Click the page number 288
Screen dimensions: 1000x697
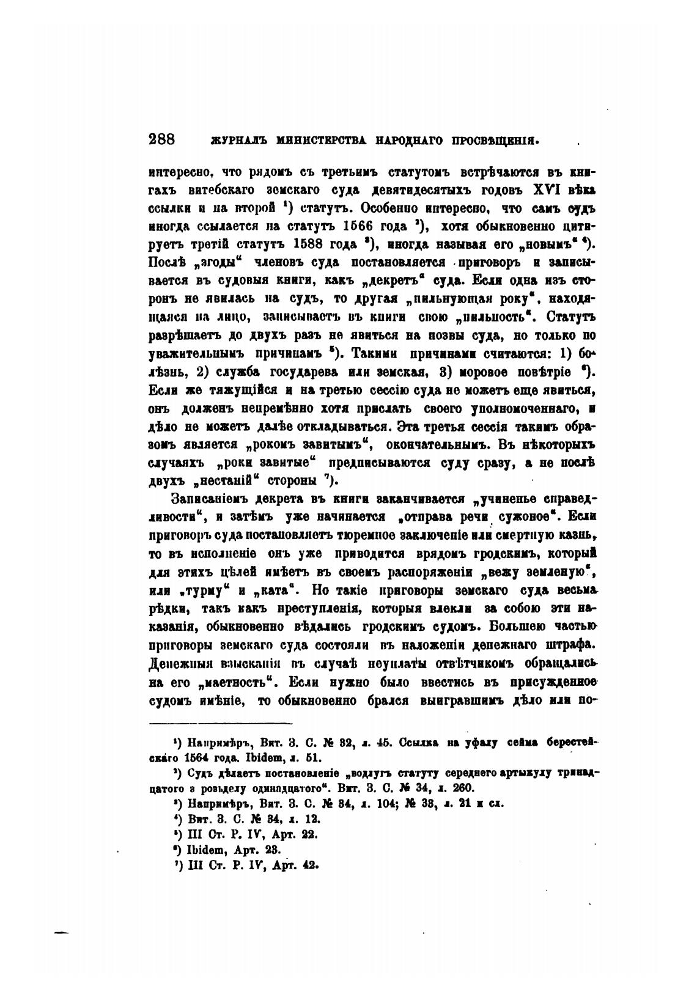pos(162,139)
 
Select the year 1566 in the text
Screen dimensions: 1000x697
pos(360,226)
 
